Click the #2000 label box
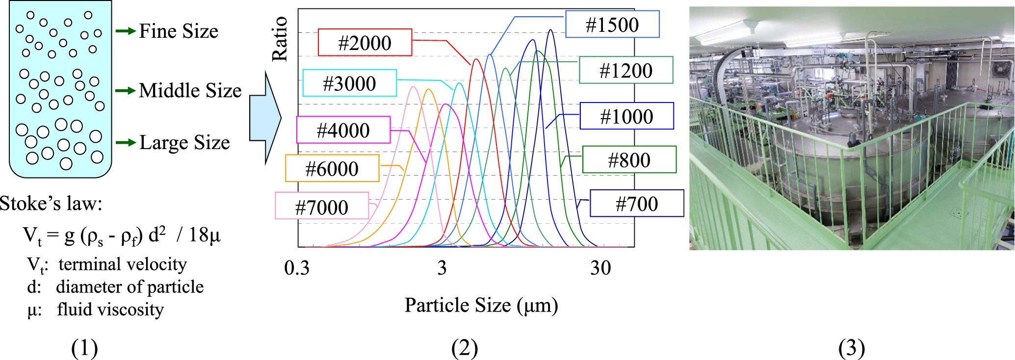point(364,43)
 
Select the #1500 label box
point(612,25)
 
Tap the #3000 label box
point(349,83)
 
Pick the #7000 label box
point(321,206)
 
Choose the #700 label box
point(636,204)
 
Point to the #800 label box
point(629,160)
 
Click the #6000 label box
point(332,169)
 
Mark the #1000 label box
point(626,116)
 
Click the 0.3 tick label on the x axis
point(297,268)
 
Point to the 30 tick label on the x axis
point(600,268)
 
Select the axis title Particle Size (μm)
point(481,305)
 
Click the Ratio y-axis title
point(280,39)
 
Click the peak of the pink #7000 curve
point(414,87)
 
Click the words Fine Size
point(179,31)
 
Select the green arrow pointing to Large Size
point(126,142)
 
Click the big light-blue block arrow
point(265,118)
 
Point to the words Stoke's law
point(51,203)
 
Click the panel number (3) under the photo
point(851,348)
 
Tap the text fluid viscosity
point(110,309)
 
